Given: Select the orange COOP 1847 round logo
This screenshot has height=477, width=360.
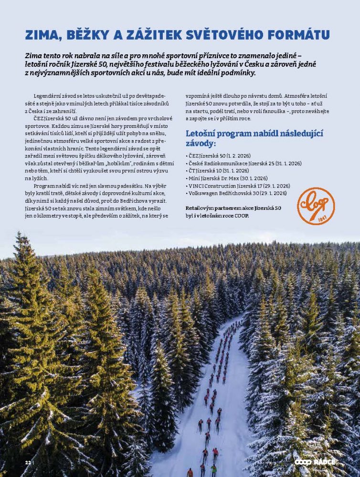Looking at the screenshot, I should point(316,206).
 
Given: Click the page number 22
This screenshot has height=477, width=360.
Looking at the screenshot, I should point(28,463).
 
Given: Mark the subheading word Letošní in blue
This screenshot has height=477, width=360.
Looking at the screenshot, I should point(201,133).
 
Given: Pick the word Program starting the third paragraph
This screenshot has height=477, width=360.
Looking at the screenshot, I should point(45,186).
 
